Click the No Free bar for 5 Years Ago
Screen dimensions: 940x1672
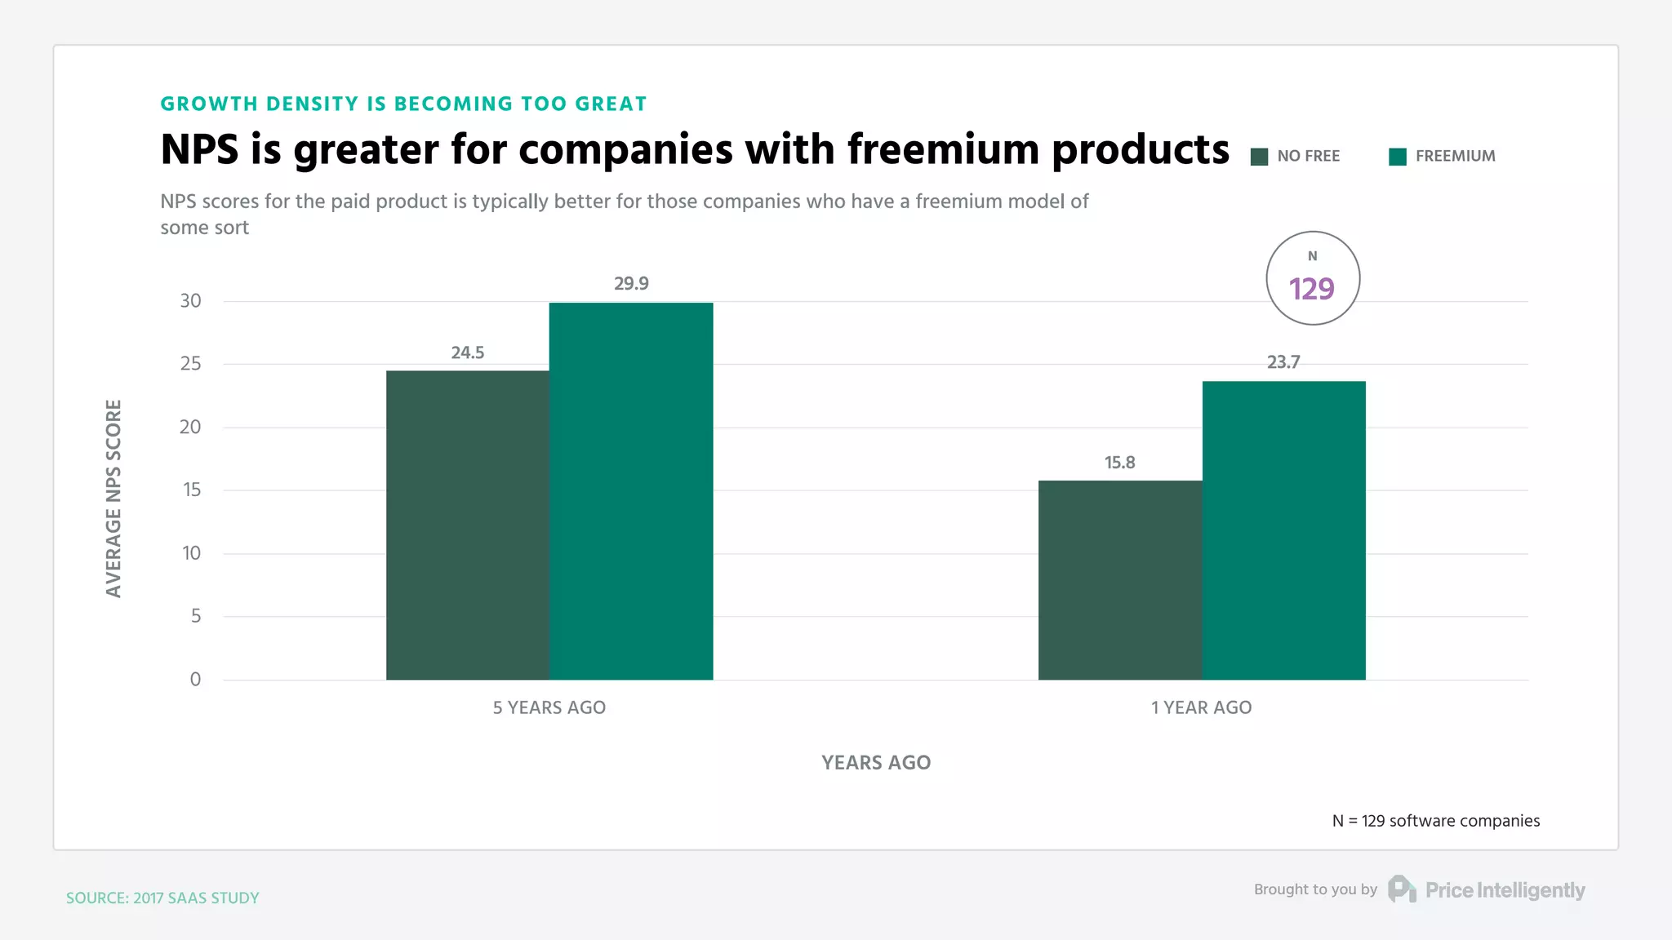tap(467, 525)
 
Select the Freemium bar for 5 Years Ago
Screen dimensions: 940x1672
tap(631, 490)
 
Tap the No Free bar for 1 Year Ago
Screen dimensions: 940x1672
tap(1120, 579)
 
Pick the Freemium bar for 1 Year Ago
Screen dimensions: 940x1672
tap(1283, 530)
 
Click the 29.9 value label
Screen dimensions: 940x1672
tap(631, 284)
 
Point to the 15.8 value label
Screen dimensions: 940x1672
tap(1119, 463)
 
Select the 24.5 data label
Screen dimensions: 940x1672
tap(468, 352)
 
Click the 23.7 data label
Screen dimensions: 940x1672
tap(1283, 362)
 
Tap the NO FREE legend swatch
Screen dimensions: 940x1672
tap(1259, 157)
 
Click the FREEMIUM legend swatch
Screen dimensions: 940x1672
tap(1398, 157)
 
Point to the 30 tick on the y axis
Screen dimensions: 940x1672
tap(190, 301)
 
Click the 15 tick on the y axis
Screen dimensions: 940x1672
tap(191, 490)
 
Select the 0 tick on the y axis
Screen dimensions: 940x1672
tap(195, 679)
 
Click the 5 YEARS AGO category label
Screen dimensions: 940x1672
tap(549, 707)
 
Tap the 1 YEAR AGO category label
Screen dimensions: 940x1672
tap(1201, 707)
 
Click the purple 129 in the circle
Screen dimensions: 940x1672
tap(1312, 289)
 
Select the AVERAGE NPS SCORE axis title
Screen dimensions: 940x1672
tap(113, 498)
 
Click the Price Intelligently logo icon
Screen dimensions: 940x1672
tap(1402, 889)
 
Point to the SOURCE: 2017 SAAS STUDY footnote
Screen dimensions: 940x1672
tap(162, 898)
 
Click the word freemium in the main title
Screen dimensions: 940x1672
tap(942, 149)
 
